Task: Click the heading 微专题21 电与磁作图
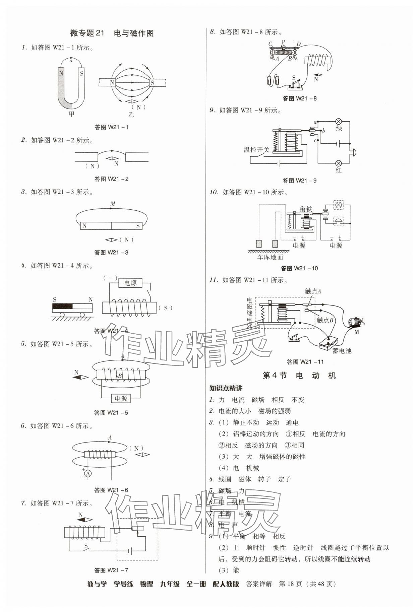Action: pos(112,33)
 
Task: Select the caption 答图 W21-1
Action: pos(111,127)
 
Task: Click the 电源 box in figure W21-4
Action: pos(130,283)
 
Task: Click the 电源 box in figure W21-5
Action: pos(121,398)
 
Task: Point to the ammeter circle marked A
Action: pos(88,473)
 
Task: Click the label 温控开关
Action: pos(256,150)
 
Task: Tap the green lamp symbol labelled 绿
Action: pos(339,121)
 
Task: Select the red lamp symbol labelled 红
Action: pos(339,163)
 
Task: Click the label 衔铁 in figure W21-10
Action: pos(306,209)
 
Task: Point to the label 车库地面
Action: pos(270,257)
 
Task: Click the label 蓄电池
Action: pos(342,351)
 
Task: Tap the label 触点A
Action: pos(313,291)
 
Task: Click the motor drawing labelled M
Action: pos(355,322)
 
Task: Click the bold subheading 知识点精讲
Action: pos(226,388)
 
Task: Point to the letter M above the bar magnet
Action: pos(113,204)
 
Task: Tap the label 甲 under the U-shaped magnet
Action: pos(71,114)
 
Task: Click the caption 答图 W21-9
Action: pos(299,181)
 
